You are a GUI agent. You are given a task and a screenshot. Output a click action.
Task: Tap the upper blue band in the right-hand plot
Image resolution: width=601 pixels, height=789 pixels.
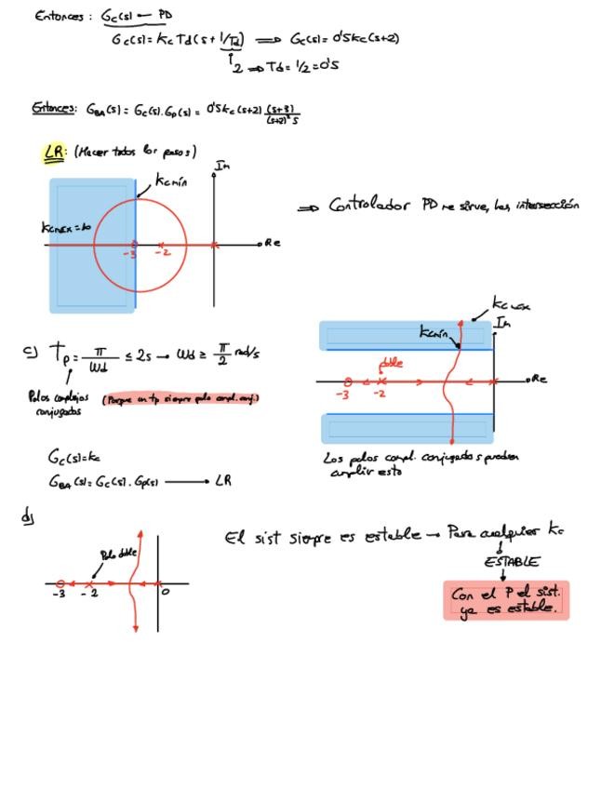(x=405, y=336)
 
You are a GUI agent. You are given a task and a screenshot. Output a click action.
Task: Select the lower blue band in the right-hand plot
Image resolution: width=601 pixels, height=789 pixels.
(x=405, y=428)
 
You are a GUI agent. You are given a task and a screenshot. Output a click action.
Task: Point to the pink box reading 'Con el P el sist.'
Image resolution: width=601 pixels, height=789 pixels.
(x=505, y=600)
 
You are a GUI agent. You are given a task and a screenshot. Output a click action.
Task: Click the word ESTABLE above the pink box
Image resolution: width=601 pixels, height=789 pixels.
(x=511, y=562)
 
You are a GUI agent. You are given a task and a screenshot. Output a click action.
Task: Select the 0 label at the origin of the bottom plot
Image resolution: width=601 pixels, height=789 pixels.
(x=165, y=591)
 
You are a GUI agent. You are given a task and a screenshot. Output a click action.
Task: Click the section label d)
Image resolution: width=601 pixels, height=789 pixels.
(x=27, y=515)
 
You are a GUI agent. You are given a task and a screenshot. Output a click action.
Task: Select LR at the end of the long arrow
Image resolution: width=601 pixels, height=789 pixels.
(x=223, y=481)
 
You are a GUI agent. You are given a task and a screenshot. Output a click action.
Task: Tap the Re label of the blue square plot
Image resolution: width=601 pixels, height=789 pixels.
(x=272, y=243)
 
